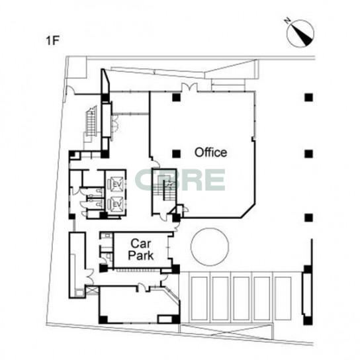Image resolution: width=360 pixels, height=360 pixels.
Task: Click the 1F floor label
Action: (x=52, y=40)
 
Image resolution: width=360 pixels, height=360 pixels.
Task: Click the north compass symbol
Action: (x=300, y=32)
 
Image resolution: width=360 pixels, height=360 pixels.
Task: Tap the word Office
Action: (x=210, y=152)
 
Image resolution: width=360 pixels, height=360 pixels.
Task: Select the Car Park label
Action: (x=141, y=249)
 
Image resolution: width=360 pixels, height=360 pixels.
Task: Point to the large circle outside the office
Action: (x=210, y=247)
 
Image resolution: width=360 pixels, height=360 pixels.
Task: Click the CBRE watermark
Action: (x=180, y=180)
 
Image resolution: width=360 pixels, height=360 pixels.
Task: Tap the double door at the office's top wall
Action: (x=189, y=87)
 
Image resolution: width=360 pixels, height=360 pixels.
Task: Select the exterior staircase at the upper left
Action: (x=91, y=122)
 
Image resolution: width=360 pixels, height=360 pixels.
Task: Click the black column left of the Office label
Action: (x=176, y=154)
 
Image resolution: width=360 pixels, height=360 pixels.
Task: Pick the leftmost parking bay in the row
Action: (x=199, y=298)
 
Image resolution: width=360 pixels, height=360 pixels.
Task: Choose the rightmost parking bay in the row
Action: (x=283, y=298)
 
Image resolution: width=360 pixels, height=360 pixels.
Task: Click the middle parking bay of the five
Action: (x=242, y=298)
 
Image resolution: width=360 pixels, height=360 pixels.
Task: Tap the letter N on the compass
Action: (x=287, y=21)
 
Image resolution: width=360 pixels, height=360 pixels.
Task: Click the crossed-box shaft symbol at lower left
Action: (x=93, y=290)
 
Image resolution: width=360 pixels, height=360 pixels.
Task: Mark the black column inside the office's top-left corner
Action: (x=176, y=97)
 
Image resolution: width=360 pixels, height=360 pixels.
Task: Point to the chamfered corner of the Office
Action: (x=247, y=210)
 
